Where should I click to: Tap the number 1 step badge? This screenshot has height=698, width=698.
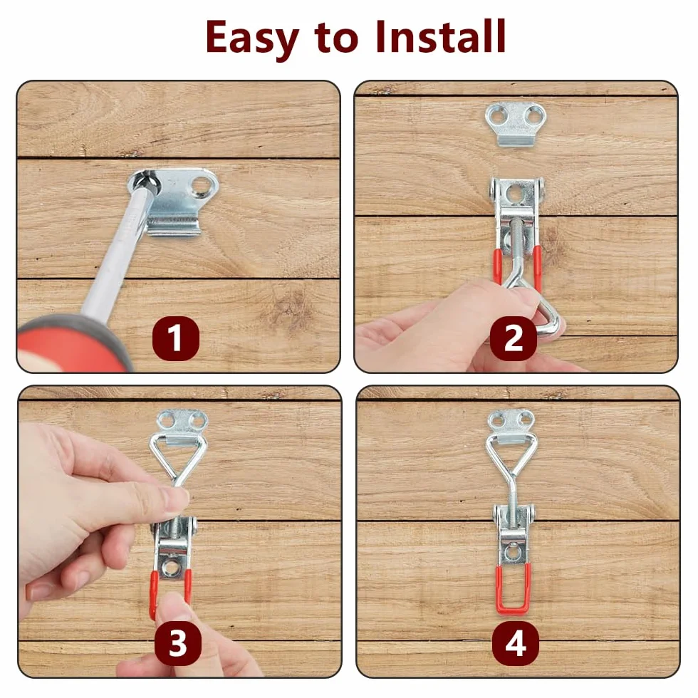pyautogui.click(x=176, y=338)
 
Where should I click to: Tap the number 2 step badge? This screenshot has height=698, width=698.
pyautogui.click(x=514, y=338)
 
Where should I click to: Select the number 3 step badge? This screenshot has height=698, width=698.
pyautogui.click(x=177, y=643)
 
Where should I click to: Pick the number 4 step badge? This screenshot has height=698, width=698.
pyautogui.click(x=516, y=643)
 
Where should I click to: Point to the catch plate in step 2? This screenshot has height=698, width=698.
pyautogui.click(x=515, y=124)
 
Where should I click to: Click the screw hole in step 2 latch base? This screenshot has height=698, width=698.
pyautogui.click(x=516, y=196)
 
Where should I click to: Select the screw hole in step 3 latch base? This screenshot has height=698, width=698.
pyautogui.click(x=170, y=567)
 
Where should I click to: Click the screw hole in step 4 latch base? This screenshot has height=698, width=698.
pyautogui.click(x=514, y=551)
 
